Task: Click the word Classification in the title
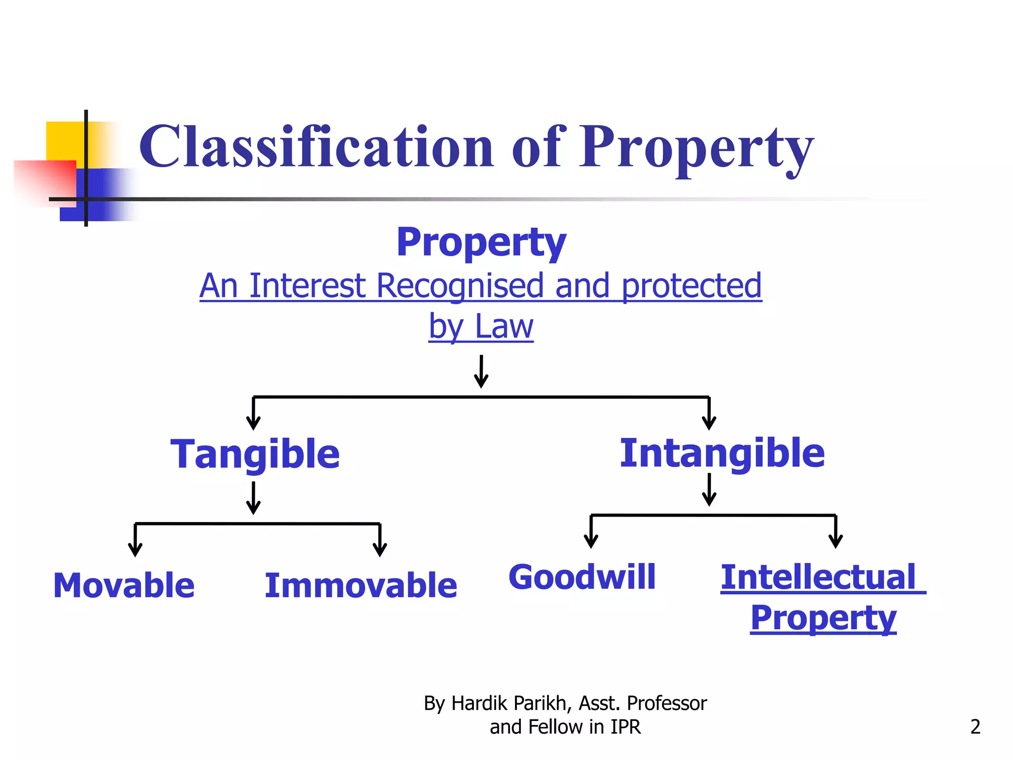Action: click(x=317, y=147)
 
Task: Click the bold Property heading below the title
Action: click(x=481, y=242)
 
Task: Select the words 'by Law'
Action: click(x=481, y=327)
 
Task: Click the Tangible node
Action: click(x=255, y=454)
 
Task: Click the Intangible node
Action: click(x=722, y=453)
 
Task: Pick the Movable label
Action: click(x=124, y=585)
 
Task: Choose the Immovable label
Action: click(x=361, y=585)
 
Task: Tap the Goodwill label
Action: click(x=582, y=577)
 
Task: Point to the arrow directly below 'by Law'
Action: click(x=481, y=371)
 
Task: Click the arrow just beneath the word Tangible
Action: click(x=253, y=498)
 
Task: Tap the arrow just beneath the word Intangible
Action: click(x=709, y=489)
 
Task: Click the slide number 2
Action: click(x=975, y=726)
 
